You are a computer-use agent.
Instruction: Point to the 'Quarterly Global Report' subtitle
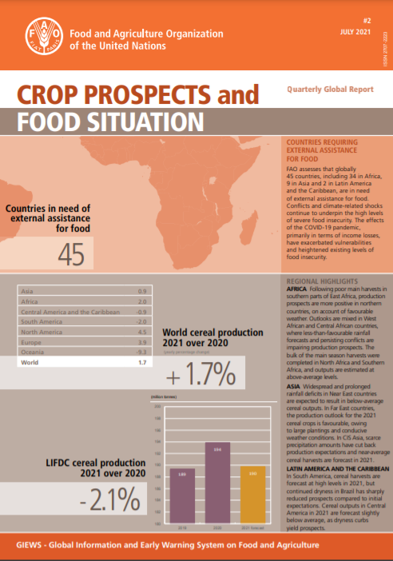(x=330, y=90)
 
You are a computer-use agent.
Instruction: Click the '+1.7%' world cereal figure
(x=200, y=372)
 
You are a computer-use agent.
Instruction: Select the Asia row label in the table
(x=27, y=290)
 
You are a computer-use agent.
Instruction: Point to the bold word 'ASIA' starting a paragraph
(x=295, y=385)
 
